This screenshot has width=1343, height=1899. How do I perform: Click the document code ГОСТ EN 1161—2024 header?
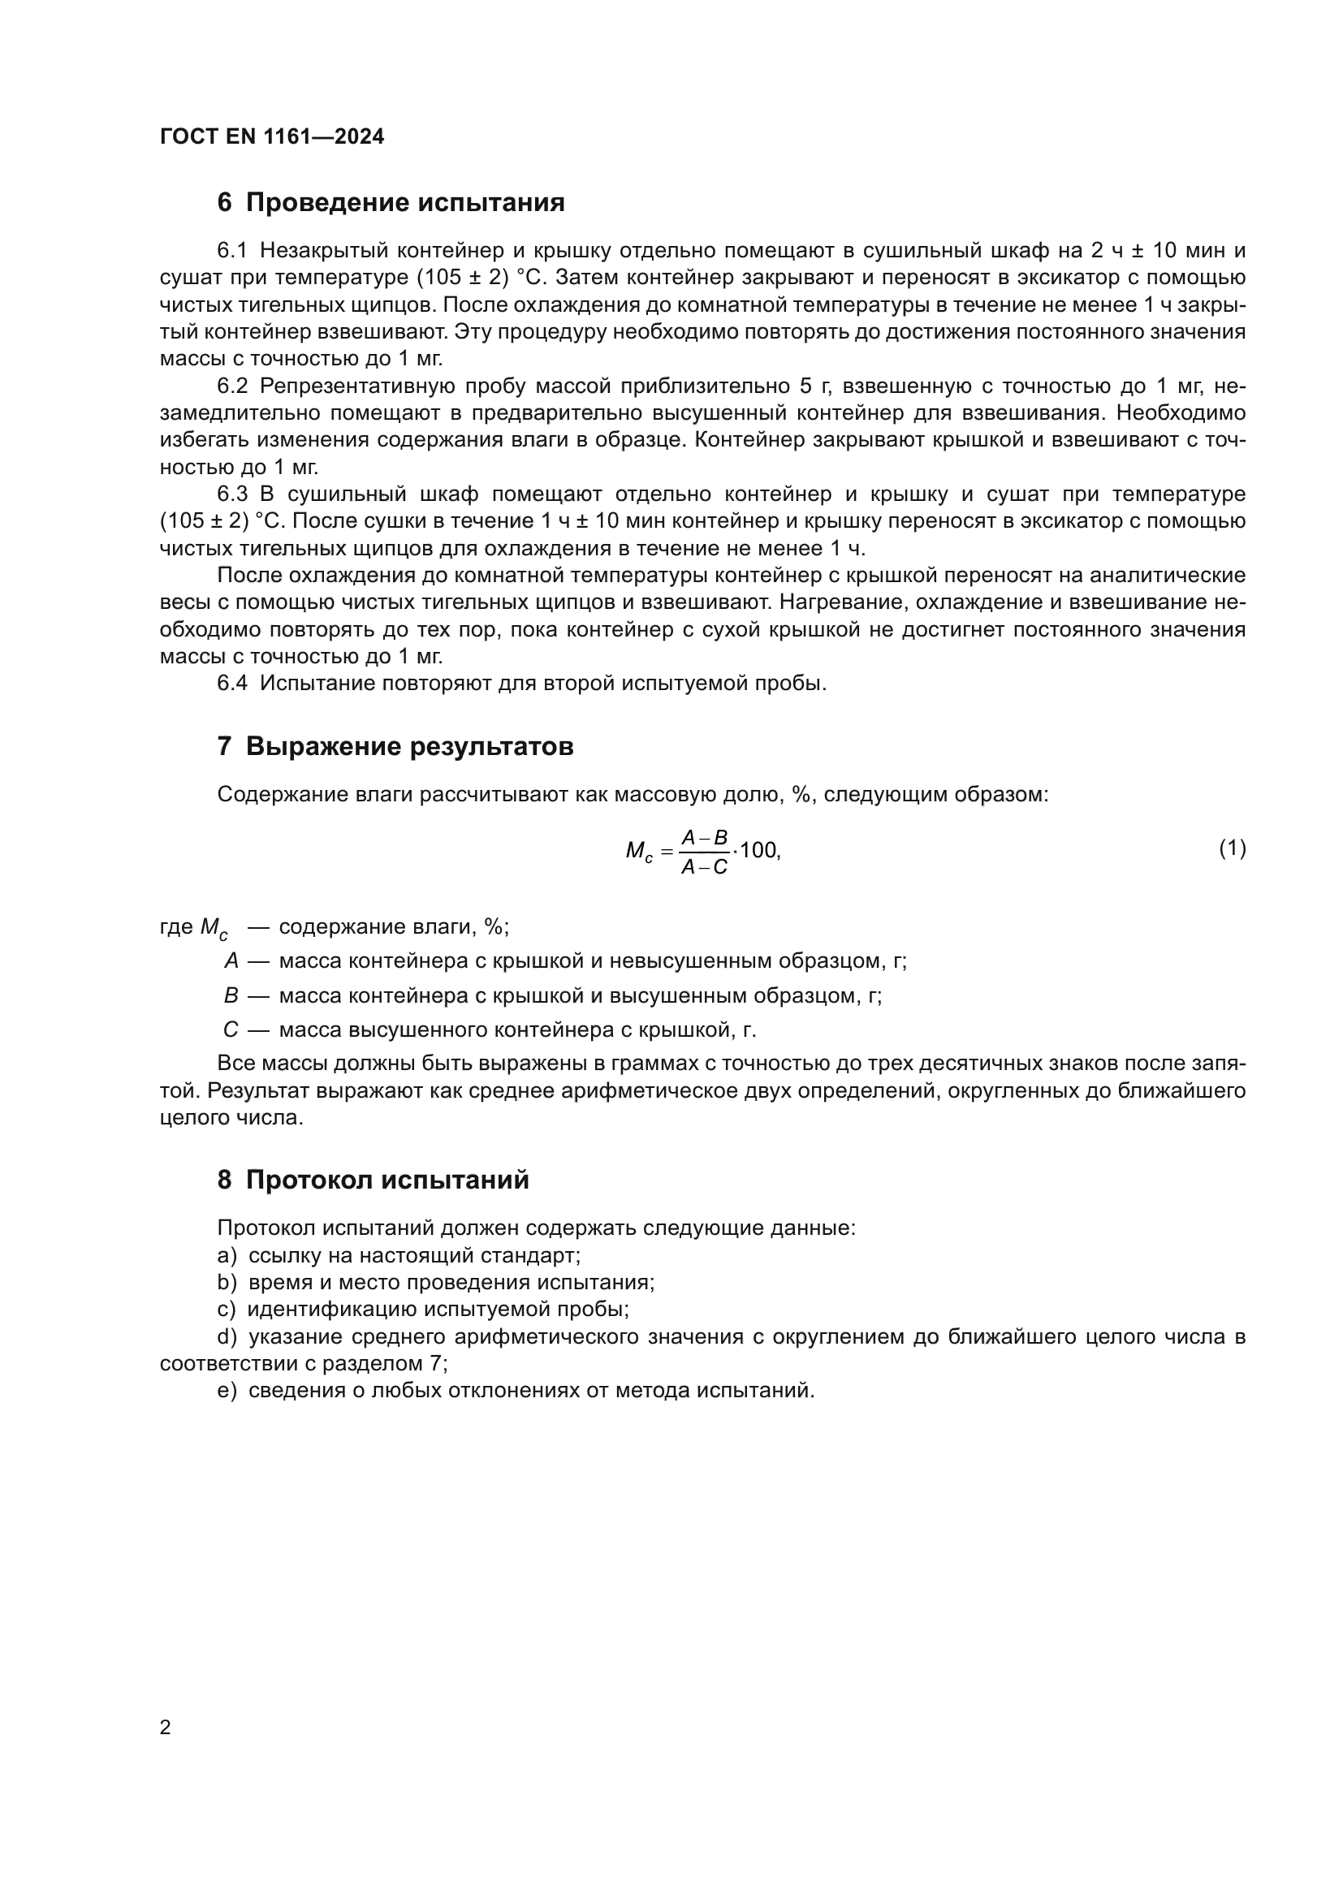pos(271,137)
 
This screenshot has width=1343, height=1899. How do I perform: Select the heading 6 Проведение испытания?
pos(391,203)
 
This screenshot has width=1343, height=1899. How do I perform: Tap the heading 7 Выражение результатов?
pos(395,747)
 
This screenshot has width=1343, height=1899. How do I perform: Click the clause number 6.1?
pos(231,251)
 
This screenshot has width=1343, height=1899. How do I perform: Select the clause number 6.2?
pos(231,386)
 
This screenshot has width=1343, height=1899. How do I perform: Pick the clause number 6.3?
pos(231,494)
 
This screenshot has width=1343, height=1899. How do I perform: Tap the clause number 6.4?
pos(231,684)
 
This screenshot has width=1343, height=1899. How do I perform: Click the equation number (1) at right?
pos(1233,848)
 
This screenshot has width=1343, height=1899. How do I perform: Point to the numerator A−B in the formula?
pos(704,839)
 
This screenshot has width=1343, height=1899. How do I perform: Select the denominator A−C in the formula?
pos(704,868)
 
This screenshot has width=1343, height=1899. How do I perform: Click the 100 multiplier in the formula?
pos(758,850)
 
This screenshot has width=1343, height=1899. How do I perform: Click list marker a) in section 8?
pos(227,1255)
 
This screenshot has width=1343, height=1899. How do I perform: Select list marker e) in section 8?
pos(227,1392)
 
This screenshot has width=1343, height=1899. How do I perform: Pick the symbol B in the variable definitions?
pos(231,996)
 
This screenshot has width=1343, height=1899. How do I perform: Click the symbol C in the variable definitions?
pos(231,1030)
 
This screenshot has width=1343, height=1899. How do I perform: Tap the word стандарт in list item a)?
pos(535,1255)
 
